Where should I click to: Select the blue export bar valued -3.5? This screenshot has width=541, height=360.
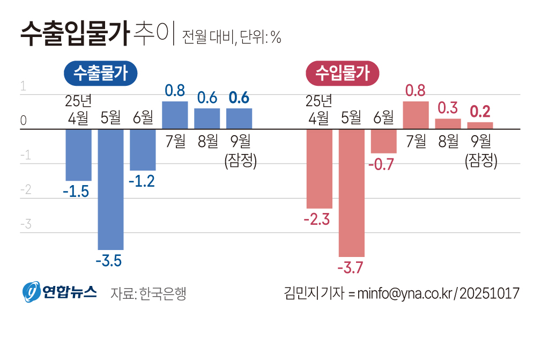(x=110, y=189)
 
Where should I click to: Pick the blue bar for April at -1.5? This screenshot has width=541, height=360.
(x=78, y=155)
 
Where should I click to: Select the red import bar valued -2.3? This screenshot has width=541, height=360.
(x=319, y=168)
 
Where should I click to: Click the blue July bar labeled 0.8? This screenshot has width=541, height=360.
(x=175, y=115)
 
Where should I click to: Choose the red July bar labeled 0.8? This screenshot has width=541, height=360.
(x=416, y=115)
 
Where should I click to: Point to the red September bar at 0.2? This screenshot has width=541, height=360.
(x=480, y=126)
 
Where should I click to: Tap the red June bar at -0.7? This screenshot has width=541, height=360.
(x=383, y=141)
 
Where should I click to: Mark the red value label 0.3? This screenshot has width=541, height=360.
(x=448, y=108)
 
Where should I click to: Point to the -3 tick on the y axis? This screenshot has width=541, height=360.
(x=25, y=224)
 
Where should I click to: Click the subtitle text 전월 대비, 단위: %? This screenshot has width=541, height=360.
(x=232, y=37)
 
